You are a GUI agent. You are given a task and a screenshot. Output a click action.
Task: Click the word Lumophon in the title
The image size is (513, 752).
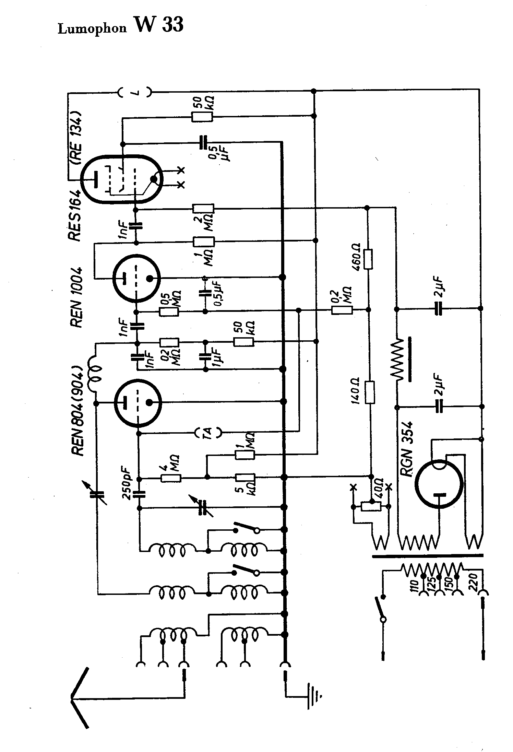point(92,28)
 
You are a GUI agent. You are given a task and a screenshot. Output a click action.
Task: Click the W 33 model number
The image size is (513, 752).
point(160,25)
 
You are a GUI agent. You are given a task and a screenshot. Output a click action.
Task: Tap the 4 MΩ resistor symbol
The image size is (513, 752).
point(171,478)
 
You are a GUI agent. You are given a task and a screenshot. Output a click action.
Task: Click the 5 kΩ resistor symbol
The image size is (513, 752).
point(244,478)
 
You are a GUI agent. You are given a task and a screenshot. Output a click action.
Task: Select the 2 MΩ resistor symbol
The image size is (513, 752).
point(203,209)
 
